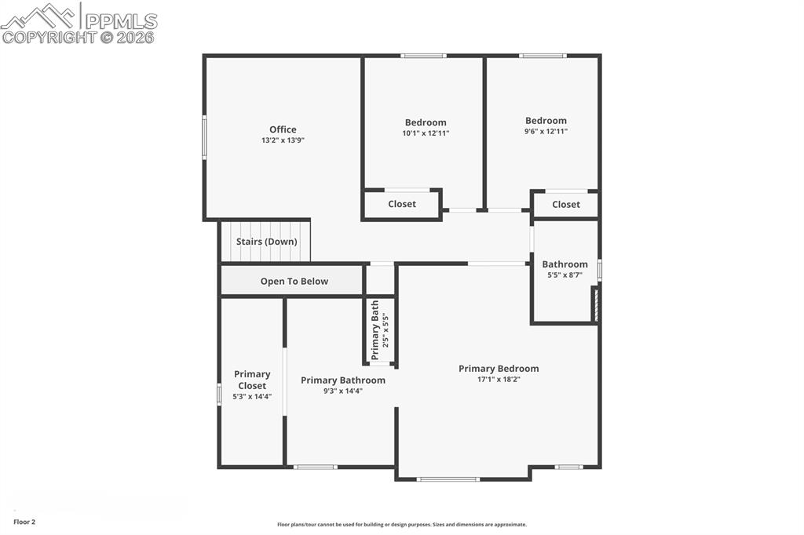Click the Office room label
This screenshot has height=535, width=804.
click(x=283, y=129)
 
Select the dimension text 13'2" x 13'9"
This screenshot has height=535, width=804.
click(x=283, y=140)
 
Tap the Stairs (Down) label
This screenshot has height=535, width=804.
click(x=267, y=242)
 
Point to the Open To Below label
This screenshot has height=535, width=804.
click(x=294, y=281)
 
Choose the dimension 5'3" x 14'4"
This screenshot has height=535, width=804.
click(x=252, y=397)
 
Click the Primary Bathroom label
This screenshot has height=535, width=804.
click(x=343, y=380)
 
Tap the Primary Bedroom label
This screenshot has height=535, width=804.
click(x=499, y=369)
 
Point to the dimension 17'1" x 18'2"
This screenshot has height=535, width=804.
click(x=499, y=379)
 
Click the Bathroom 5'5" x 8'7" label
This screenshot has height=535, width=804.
click(x=565, y=264)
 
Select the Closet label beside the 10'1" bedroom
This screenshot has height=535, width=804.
click(x=402, y=204)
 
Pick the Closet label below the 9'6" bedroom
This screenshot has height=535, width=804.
click(x=566, y=205)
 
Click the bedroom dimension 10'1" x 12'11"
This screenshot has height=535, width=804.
click(x=426, y=133)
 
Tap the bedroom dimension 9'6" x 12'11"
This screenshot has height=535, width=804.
click(x=546, y=132)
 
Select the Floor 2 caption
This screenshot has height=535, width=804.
click(x=24, y=522)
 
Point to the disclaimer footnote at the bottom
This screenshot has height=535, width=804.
click(x=402, y=525)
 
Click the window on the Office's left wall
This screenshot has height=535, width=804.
click(x=204, y=138)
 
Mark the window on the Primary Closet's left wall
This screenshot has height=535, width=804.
click(x=219, y=394)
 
